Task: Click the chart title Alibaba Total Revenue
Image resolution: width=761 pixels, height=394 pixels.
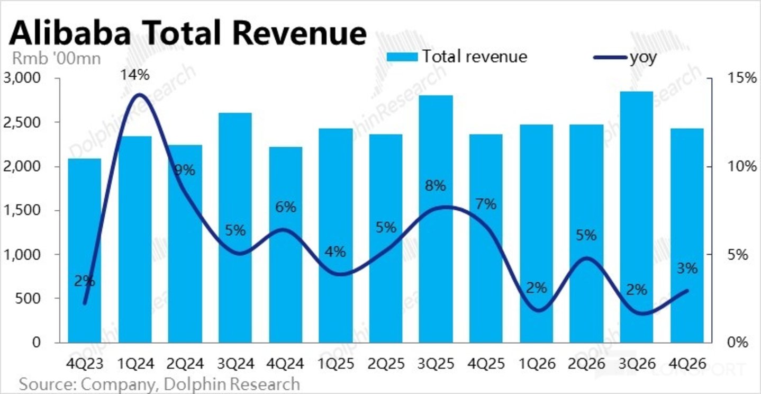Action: coord(187,33)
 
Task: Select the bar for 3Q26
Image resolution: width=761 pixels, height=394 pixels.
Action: coord(636,217)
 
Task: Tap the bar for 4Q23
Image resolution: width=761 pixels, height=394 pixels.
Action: coord(85,250)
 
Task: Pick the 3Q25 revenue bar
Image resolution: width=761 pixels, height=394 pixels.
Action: coord(436,219)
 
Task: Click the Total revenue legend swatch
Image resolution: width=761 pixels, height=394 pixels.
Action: coord(402,57)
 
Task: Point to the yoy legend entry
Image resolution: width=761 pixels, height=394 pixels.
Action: coord(625,57)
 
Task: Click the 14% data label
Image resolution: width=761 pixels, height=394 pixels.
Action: coord(135,75)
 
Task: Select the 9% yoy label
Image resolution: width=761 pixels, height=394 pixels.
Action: coord(185,170)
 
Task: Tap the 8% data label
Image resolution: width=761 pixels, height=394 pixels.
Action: coord(435,185)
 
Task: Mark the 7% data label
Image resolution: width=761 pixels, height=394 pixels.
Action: coord(486,204)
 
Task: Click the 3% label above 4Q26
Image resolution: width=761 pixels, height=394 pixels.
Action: coord(687,268)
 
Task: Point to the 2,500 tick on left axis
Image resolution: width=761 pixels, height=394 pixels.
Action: coord(22,122)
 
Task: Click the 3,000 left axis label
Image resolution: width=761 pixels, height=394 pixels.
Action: coord(22,78)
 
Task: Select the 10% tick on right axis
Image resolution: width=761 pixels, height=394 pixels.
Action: coord(742,166)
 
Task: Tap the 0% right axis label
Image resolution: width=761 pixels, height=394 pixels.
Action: coord(738,342)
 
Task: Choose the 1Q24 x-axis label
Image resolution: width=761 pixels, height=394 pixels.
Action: coord(135,364)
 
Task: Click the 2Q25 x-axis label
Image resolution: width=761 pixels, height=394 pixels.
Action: coord(386,364)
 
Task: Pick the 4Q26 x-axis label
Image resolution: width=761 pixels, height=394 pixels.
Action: coord(687,364)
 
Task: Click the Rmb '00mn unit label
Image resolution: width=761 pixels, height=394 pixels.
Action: coord(57,58)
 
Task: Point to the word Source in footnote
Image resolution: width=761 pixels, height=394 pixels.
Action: coord(48,384)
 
